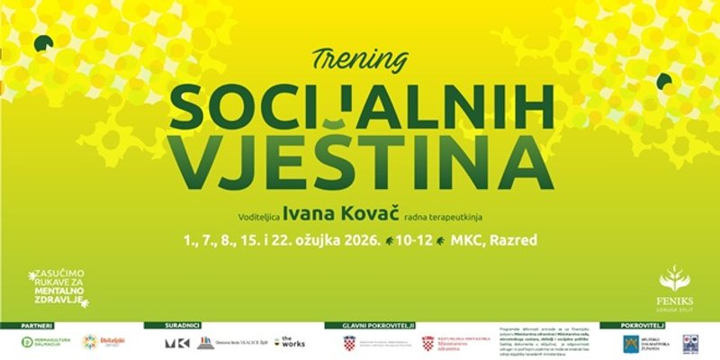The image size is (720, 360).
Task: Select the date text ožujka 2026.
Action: pyautogui.click(x=334, y=241)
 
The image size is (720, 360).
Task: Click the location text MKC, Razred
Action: pyautogui.click(x=499, y=241)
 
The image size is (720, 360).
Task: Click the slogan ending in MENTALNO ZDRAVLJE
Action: pyautogui.click(x=60, y=286)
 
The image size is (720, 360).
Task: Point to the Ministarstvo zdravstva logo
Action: pyautogui.click(x=450, y=342)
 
